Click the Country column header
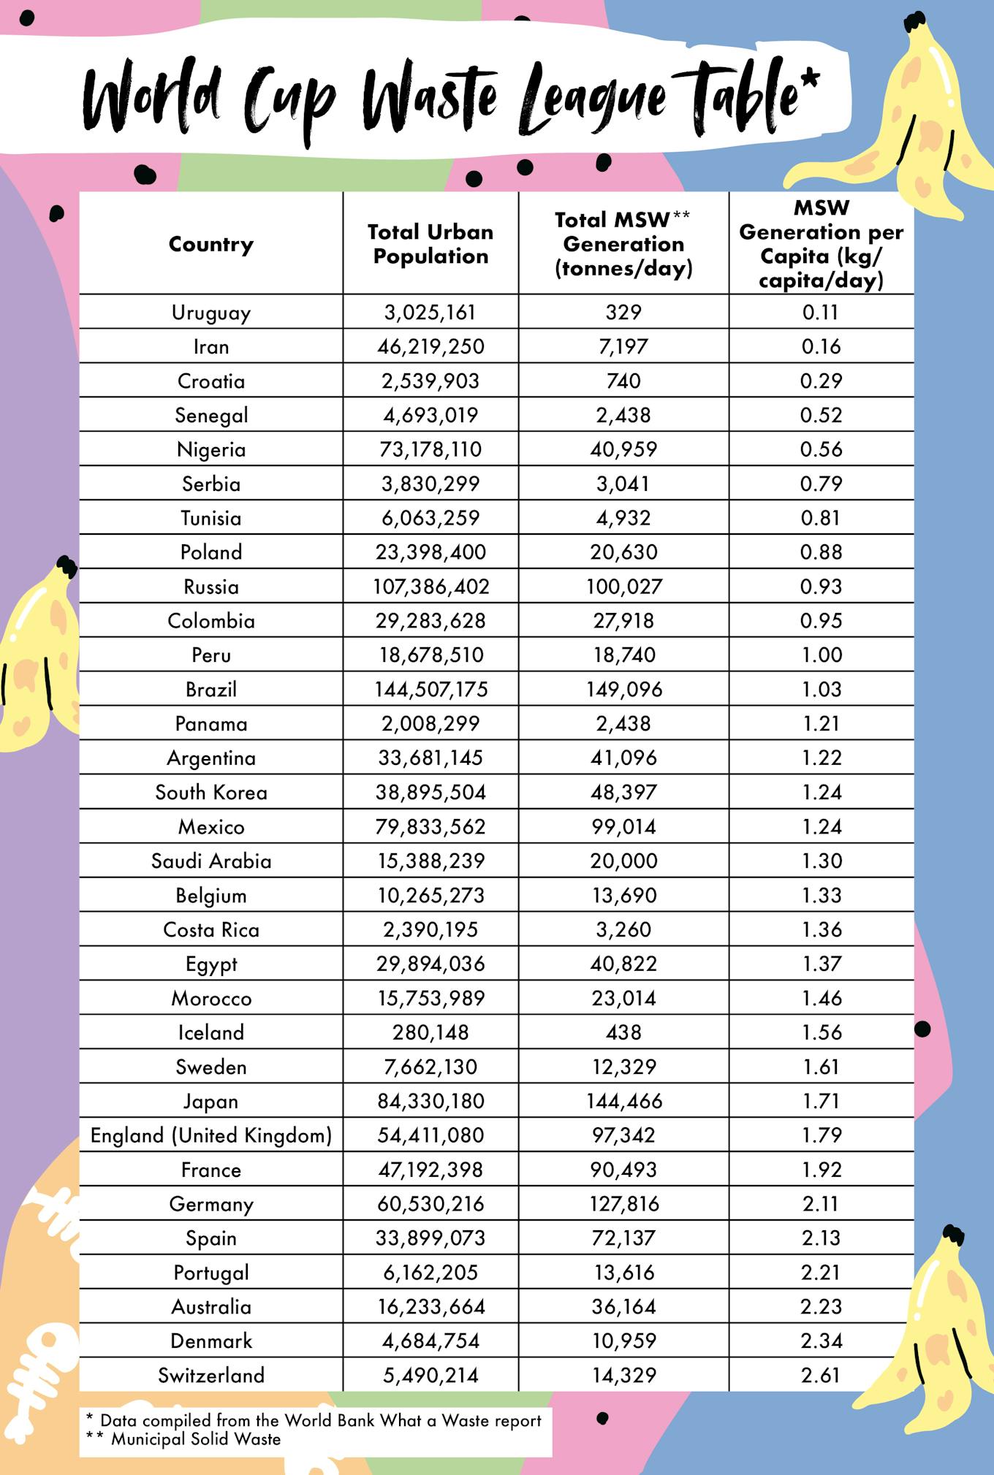tap(211, 244)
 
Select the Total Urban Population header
tap(430, 244)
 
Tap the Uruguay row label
tap(211, 313)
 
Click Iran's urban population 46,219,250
tap(430, 346)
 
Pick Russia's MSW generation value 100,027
tap(623, 587)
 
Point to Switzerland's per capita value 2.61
tap(821, 1375)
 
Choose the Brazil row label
tap(211, 689)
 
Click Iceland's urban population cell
tap(430, 1032)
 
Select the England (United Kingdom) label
tap(211, 1135)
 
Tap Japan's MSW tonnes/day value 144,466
tap(623, 1101)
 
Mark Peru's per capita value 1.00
tap(822, 655)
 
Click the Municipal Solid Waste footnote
tap(196, 1439)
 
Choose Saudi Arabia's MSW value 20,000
tap(623, 861)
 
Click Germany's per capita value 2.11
tap(821, 1204)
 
